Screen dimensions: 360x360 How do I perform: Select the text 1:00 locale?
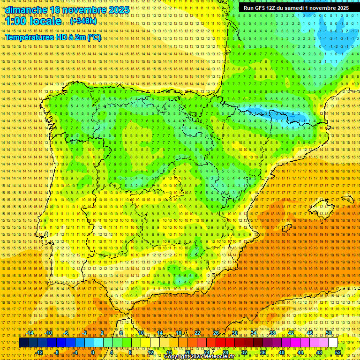33,21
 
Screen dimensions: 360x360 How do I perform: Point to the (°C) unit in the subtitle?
94,37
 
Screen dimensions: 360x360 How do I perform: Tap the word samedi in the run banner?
295,8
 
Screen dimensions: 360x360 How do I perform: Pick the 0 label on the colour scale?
93,352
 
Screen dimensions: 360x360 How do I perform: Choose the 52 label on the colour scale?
338,352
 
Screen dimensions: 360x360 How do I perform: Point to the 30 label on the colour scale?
234,333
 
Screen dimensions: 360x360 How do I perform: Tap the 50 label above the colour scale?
329,333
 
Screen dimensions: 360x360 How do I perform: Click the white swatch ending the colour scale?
333,343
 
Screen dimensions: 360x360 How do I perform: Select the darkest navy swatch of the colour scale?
23,343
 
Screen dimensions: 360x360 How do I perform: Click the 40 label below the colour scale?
281,352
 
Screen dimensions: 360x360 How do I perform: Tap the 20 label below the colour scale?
187,352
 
